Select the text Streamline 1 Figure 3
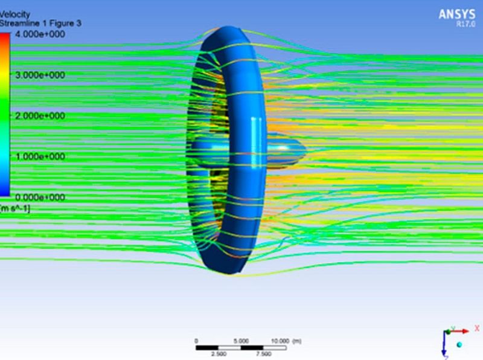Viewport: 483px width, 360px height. pos(40,23)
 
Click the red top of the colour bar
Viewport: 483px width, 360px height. pos(5,37)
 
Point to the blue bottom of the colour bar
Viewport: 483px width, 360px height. pos(5,192)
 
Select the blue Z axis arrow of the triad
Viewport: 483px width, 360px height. pos(445,347)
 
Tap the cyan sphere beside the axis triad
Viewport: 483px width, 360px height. pos(460,344)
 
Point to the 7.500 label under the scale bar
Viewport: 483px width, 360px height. pos(264,355)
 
